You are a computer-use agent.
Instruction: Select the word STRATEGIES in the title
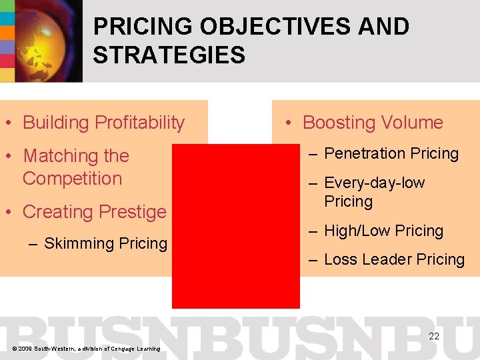(x=169, y=55)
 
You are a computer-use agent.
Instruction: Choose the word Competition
(x=72, y=179)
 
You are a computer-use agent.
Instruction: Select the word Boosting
(x=339, y=123)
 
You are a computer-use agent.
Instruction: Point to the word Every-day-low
(x=374, y=183)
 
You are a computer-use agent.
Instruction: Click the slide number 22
(x=434, y=336)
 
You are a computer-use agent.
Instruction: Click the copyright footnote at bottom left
(x=84, y=349)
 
